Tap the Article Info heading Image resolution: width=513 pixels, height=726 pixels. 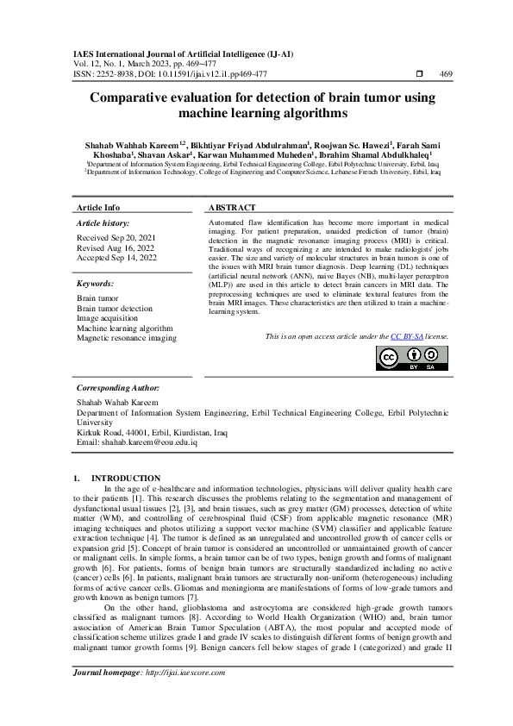98,208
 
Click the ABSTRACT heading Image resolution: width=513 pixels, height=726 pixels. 233,208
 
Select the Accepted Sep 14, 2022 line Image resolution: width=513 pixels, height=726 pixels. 117,257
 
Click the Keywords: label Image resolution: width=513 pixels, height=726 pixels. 96,283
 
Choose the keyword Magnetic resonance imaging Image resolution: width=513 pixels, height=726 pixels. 126,338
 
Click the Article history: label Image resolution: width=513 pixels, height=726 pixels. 103,223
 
